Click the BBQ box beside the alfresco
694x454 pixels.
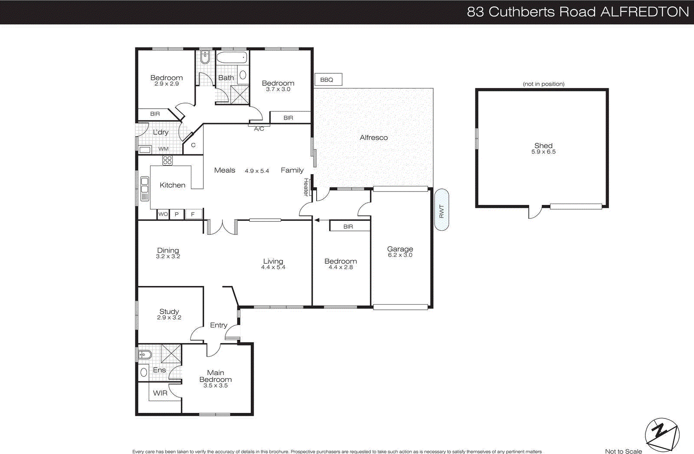coord(328,80)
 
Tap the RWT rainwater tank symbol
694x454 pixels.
coord(442,210)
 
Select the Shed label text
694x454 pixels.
coord(543,146)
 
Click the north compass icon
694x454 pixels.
coord(662,435)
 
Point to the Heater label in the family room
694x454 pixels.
coord(306,187)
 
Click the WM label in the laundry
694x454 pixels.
coord(164,149)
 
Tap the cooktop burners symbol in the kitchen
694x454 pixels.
coord(167,161)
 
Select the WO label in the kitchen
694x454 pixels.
coord(163,214)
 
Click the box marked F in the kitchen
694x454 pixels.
coord(193,214)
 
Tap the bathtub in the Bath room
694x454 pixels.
coord(232,58)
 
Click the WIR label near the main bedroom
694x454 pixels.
coord(160,393)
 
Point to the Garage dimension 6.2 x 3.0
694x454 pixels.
coord(400,255)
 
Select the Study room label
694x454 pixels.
coord(169,311)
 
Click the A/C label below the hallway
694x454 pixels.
coord(259,129)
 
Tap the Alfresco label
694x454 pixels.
coord(373,137)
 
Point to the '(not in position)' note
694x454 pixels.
coord(543,84)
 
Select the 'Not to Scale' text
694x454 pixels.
coord(623,451)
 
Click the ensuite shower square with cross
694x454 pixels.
coord(171,353)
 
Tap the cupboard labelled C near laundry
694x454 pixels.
coord(193,145)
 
